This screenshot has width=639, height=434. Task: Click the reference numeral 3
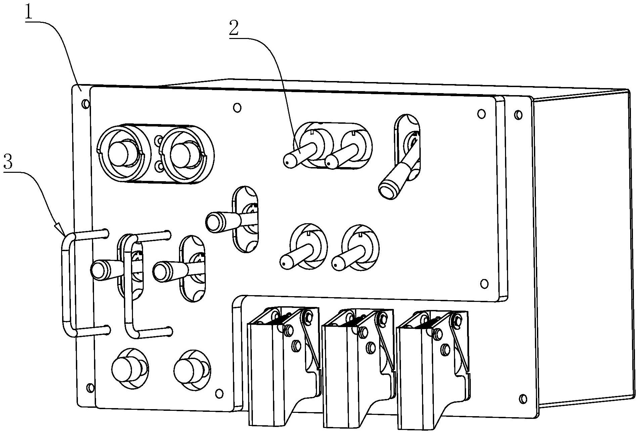tap(8, 162)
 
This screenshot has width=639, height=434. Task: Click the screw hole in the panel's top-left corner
tap(86, 104)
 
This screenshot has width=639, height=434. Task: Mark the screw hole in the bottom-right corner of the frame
tap(523, 399)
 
